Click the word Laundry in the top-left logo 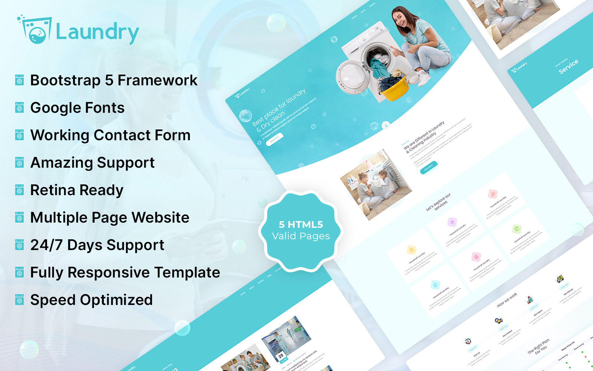pyautogui.click(x=97, y=32)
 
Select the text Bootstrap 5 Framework pyautogui.click(x=114, y=80)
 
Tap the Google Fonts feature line pyautogui.click(x=77, y=108)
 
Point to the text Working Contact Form pyautogui.click(x=110, y=135)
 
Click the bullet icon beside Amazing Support pyautogui.click(x=20, y=162)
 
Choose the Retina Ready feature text pyautogui.click(x=77, y=190)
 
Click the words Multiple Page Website pyautogui.click(x=110, y=217)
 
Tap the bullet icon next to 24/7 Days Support pyautogui.click(x=20, y=245)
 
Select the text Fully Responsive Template pyautogui.click(x=125, y=272)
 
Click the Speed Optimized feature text pyautogui.click(x=92, y=300)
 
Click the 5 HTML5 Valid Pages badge pyautogui.click(x=301, y=230)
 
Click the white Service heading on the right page pyautogui.click(x=569, y=66)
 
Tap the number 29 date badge pyautogui.click(x=281, y=355)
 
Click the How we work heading pyautogui.click(x=507, y=300)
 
